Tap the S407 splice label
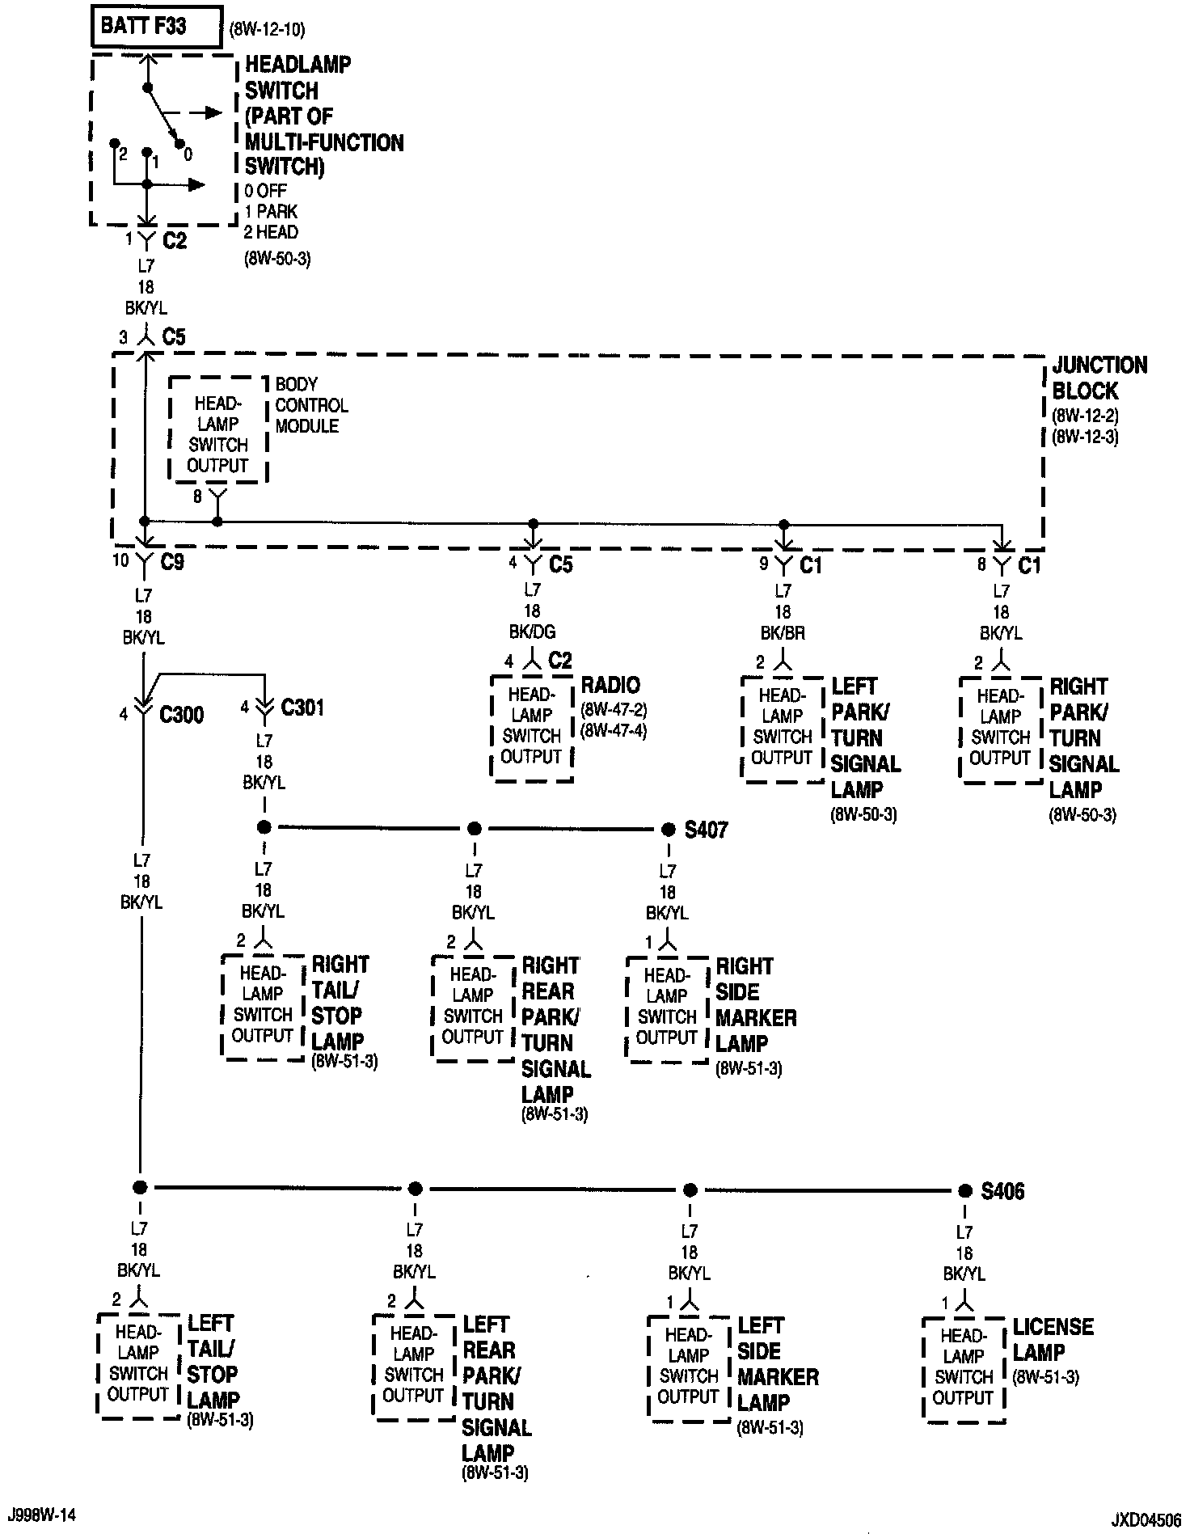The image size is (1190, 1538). [x=706, y=830]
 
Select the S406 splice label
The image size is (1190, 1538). [x=1002, y=1191]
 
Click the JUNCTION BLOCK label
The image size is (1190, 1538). [x=1099, y=378]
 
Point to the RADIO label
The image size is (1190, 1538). [x=610, y=685]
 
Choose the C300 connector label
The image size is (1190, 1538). [x=181, y=715]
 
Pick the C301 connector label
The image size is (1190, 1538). [x=302, y=708]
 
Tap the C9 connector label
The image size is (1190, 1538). [x=172, y=562]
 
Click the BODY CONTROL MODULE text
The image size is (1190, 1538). [x=311, y=405]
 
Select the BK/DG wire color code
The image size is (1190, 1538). [x=532, y=632]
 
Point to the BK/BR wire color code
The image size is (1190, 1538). [x=783, y=633]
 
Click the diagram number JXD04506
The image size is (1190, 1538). [x=1145, y=1519]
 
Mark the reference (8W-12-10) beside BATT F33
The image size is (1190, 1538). [x=267, y=31]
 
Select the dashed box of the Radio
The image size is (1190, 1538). [x=532, y=728]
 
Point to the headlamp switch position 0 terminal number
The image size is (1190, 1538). [x=188, y=154]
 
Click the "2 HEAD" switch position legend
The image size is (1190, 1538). [x=271, y=232]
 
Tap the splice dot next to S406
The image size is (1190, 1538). [x=964, y=1191]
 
